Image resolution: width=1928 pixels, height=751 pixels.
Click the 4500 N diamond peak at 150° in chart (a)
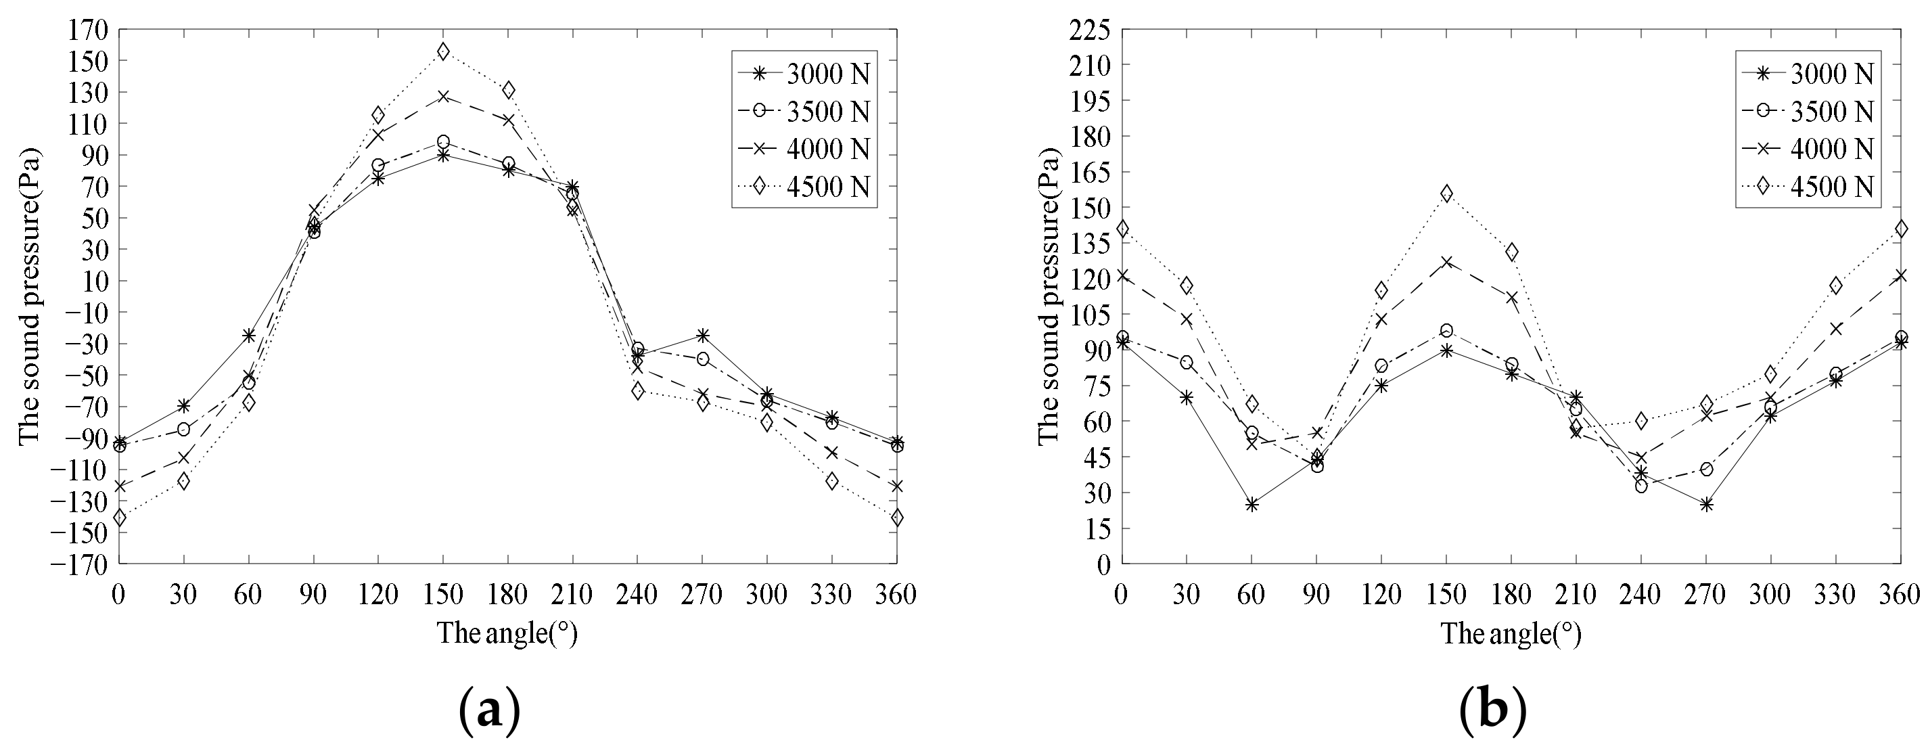[443, 51]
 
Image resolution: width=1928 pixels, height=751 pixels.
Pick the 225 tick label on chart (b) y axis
[1091, 30]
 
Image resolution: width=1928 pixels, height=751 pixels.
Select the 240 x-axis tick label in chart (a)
[637, 595]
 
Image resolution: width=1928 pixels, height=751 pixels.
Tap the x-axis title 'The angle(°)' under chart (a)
[507, 634]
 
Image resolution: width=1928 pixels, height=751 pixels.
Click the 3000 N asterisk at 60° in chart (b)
[1252, 505]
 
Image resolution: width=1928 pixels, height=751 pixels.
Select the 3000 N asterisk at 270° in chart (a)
[702, 335]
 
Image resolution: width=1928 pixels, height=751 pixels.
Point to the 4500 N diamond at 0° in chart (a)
[120, 517]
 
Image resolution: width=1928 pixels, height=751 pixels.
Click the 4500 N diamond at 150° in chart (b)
[1446, 194]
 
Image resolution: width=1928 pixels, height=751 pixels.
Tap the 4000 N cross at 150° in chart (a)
[443, 97]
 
